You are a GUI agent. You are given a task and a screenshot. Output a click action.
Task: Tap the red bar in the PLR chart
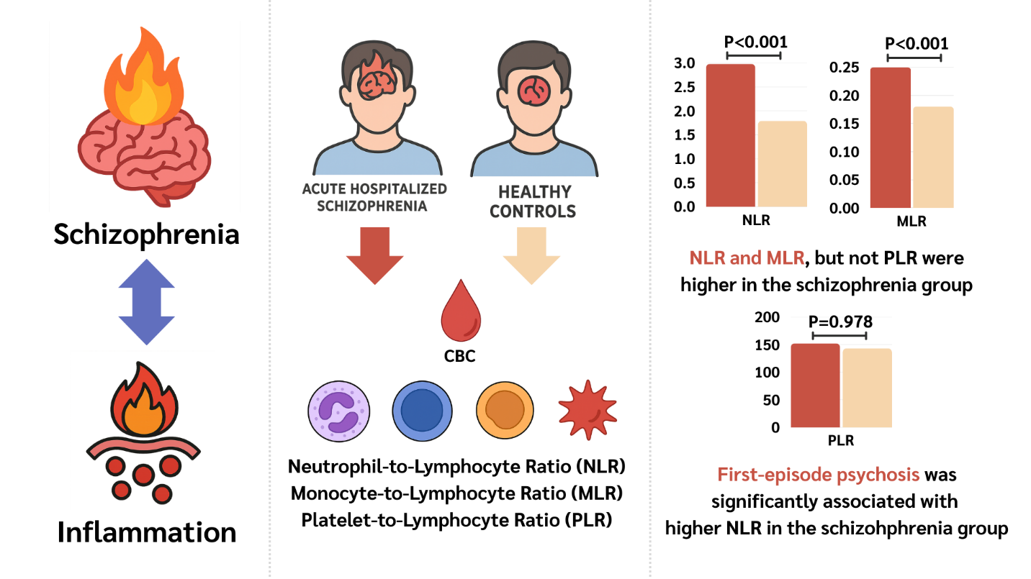815,385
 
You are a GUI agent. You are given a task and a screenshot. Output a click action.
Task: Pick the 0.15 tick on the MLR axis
844,124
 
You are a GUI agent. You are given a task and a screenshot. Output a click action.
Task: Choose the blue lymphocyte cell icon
422,409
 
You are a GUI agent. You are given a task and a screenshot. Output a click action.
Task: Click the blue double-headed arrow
146,303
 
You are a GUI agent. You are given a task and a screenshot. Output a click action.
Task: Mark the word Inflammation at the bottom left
146,532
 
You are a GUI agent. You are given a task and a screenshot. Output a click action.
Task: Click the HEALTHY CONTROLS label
533,201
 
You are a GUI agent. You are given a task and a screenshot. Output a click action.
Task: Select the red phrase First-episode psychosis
818,475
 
